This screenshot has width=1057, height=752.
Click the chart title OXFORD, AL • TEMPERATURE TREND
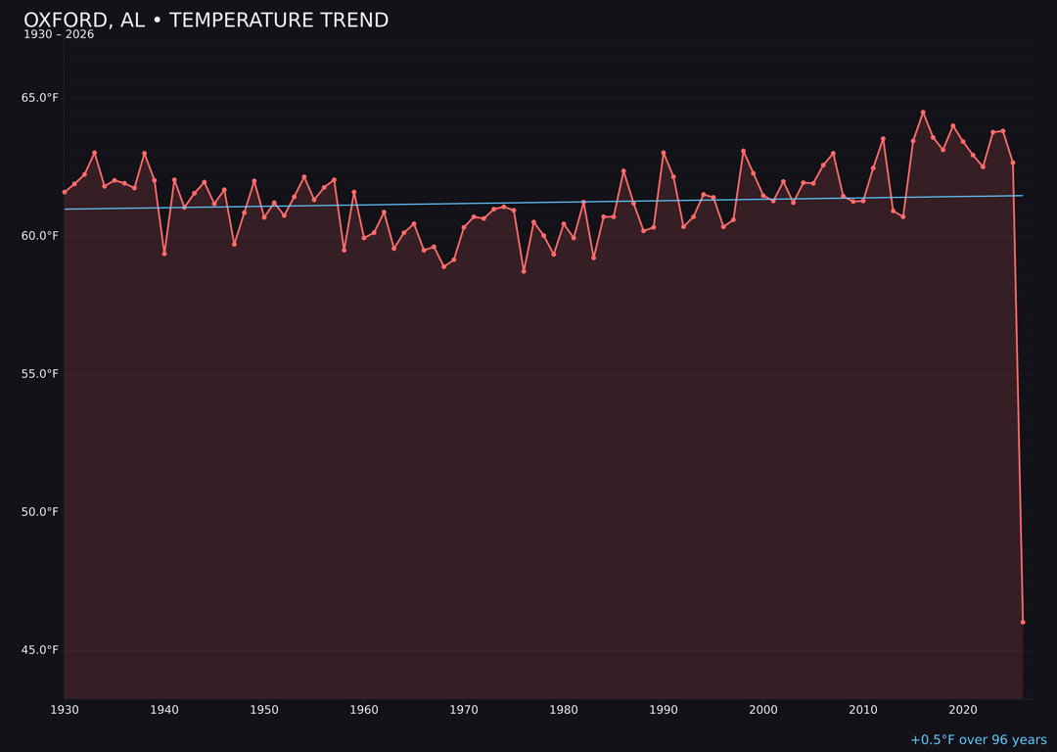(206, 21)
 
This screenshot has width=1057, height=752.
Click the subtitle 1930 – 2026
(59, 35)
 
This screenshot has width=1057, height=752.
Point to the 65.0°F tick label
(40, 98)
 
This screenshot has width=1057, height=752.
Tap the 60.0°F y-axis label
(40, 236)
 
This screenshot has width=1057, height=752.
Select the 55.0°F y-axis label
(40, 374)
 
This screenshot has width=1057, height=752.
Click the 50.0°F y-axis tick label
(40, 512)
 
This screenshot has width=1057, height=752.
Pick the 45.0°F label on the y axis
(40, 650)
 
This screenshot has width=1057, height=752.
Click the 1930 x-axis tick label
(65, 710)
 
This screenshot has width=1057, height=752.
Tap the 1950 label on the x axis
(264, 710)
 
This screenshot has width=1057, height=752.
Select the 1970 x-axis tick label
(464, 710)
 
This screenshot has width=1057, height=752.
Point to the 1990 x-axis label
(664, 710)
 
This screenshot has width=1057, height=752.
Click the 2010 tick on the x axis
(863, 710)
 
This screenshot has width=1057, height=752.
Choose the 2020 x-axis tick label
(963, 710)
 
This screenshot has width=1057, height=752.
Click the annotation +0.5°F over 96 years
(978, 740)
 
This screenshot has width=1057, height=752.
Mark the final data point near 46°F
(1023, 622)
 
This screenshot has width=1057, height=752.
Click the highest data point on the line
(923, 113)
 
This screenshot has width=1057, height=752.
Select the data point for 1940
(164, 254)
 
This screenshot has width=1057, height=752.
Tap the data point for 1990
(664, 153)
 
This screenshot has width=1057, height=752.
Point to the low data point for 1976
(524, 271)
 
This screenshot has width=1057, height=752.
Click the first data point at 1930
(65, 192)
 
